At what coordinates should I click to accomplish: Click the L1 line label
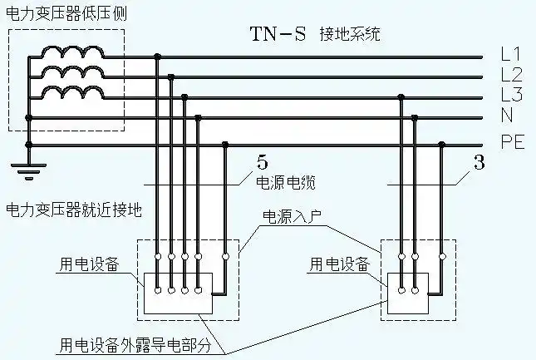[x=510, y=55]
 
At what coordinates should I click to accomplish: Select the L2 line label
[x=510, y=76]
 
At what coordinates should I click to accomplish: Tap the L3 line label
[x=510, y=94]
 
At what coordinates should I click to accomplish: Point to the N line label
[x=507, y=115]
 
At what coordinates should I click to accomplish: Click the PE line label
[x=512, y=142]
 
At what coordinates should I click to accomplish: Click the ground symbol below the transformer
[x=28, y=170]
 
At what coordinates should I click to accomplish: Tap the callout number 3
[x=479, y=163]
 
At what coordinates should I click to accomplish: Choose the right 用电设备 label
[x=338, y=264]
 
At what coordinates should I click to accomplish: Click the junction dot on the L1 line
[x=158, y=57]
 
